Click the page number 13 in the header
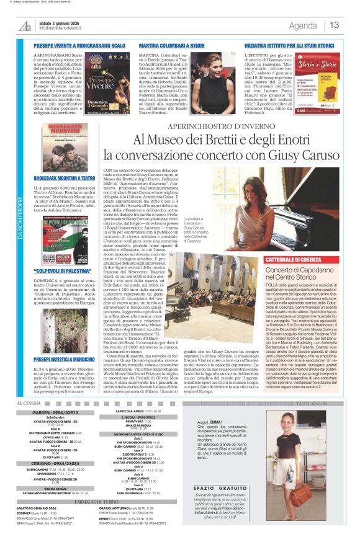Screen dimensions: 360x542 [x=335, y=25]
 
